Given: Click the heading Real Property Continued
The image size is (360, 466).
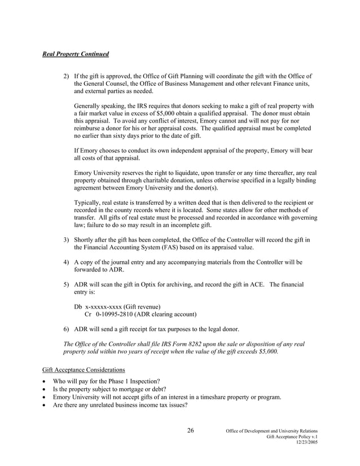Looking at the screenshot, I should tap(76, 54).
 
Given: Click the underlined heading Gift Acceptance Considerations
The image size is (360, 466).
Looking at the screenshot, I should tap(84, 370).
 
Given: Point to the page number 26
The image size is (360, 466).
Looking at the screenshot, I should tap(190, 431).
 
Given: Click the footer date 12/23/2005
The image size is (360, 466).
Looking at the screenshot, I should tap(306, 443).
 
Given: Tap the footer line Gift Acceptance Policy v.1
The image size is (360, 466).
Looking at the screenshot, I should tap(291, 437).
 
